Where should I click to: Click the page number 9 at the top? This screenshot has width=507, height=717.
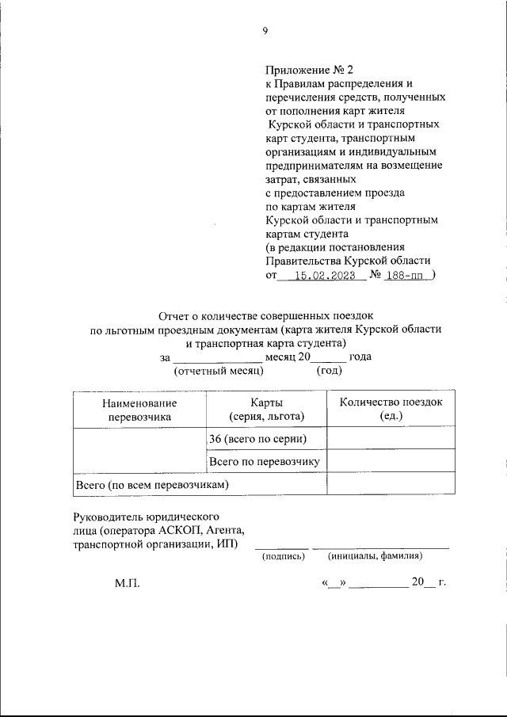pyautogui.click(x=265, y=32)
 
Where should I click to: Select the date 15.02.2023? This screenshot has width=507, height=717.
pyautogui.click(x=323, y=276)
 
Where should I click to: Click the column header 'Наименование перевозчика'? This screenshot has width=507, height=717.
pyautogui.click(x=139, y=409)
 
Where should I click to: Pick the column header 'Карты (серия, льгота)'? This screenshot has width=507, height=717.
pyautogui.click(x=265, y=409)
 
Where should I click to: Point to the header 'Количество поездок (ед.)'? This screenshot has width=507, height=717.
pyautogui.click(x=391, y=409)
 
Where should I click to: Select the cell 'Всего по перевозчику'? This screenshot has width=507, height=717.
pyautogui.click(x=264, y=461)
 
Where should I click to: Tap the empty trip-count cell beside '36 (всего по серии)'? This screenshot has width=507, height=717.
pyautogui.click(x=391, y=439)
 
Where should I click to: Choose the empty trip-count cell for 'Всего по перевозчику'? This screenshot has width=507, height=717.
pyautogui.click(x=391, y=461)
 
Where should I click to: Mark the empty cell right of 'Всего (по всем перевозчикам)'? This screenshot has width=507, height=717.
pyautogui.click(x=391, y=483)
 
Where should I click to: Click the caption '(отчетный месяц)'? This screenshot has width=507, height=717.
pyautogui.click(x=218, y=370)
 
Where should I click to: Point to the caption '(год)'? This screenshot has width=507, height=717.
pyautogui.click(x=330, y=370)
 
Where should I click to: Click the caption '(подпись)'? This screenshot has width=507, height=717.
pyautogui.click(x=283, y=556)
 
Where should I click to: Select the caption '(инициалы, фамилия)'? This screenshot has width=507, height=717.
pyautogui.click(x=375, y=556)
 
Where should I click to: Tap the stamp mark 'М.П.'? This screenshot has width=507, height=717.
pyautogui.click(x=127, y=583)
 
